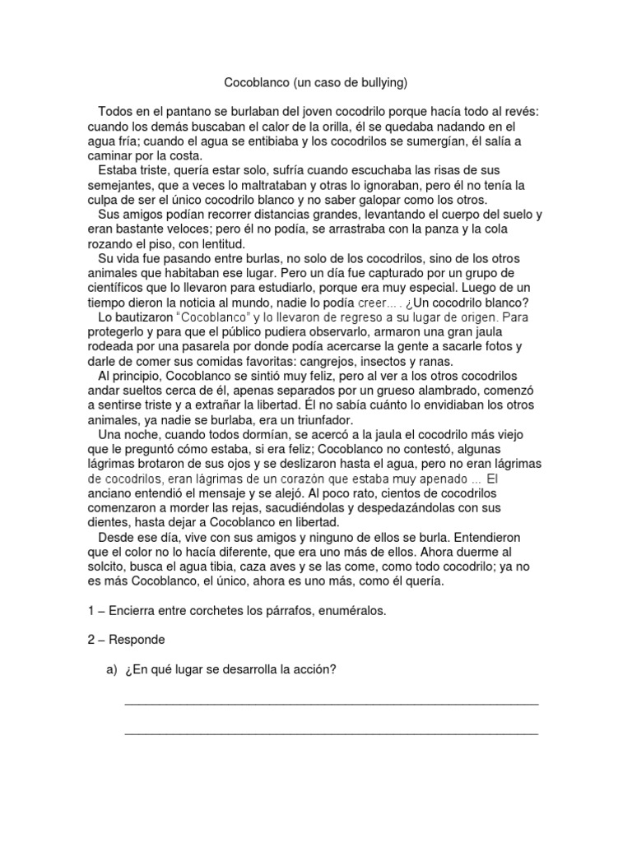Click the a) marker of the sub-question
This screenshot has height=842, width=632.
point(111,669)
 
